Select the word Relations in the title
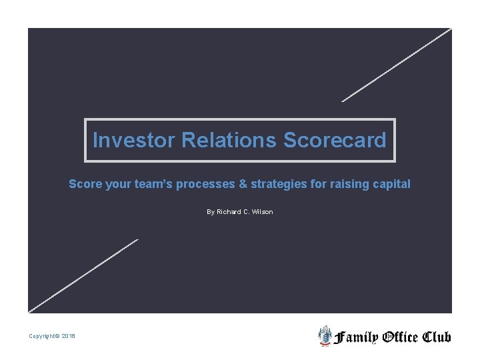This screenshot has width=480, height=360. click(229, 141)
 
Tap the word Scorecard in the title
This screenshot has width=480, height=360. click(335, 141)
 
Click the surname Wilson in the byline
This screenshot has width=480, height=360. click(263, 212)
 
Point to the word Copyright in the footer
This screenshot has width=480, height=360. click(42, 336)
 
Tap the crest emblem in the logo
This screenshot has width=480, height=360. click(325, 336)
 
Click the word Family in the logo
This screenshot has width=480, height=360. click(356, 337)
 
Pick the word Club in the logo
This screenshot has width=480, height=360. click(437, 337)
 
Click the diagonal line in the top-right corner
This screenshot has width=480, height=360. click(397, 65)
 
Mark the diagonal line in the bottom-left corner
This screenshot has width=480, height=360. click(83, 276)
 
